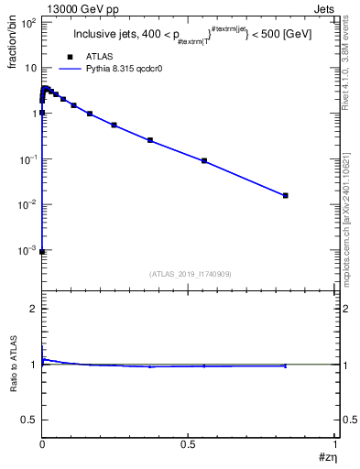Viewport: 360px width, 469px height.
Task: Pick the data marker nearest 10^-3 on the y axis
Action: (x=42, y=251)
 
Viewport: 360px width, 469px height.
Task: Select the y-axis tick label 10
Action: (x=29, y=69)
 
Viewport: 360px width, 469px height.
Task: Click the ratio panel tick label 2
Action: (x=33, y=309)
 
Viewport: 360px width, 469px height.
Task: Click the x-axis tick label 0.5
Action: (x=188, y=443)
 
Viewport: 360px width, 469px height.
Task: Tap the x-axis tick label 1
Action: (x=334, y=443)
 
